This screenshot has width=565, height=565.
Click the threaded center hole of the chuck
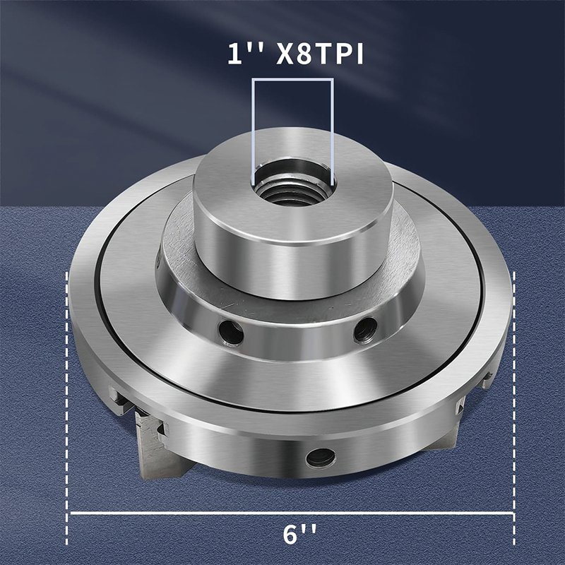click(292, 188)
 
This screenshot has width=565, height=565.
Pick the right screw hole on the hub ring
click(364, 328)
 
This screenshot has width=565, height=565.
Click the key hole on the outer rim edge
click(321, 457)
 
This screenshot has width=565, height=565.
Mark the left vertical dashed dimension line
click(68, 395)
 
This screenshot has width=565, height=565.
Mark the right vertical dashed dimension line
click(513, 395)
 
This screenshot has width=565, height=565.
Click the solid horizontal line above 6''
click(290, 513)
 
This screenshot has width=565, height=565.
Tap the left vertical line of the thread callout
click(254, 127)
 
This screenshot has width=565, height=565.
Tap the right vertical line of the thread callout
click(331, 127)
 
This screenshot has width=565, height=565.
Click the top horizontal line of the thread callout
click(292, 80)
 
